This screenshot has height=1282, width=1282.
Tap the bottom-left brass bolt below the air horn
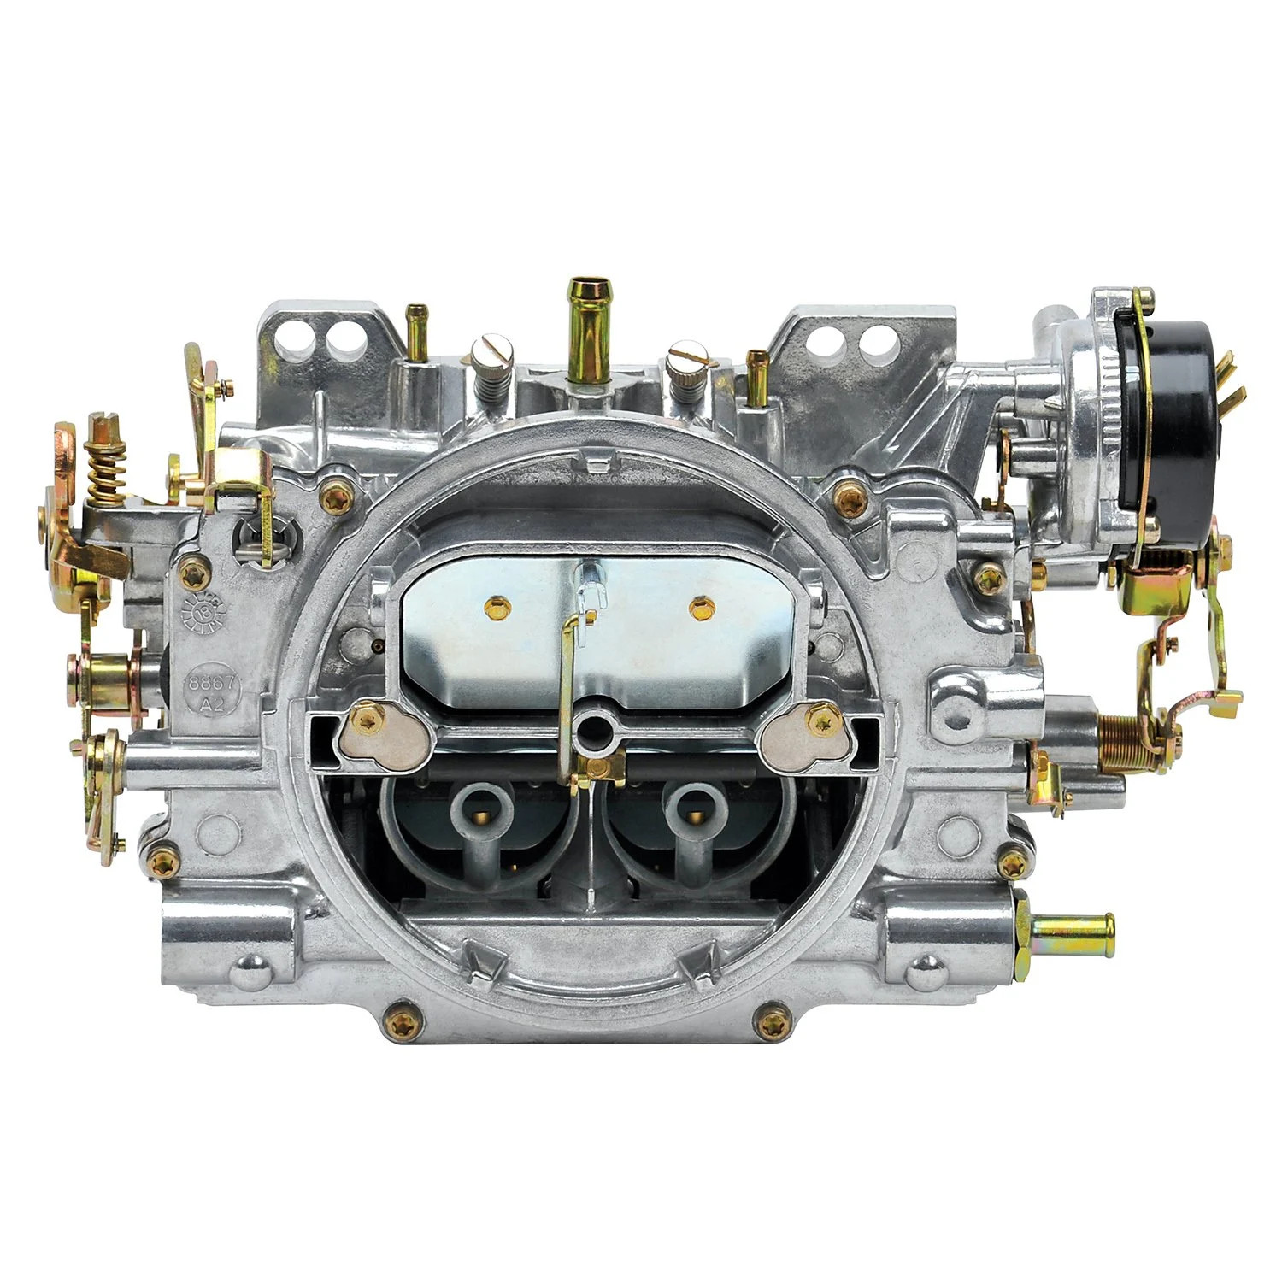(x=403, y=1019)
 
